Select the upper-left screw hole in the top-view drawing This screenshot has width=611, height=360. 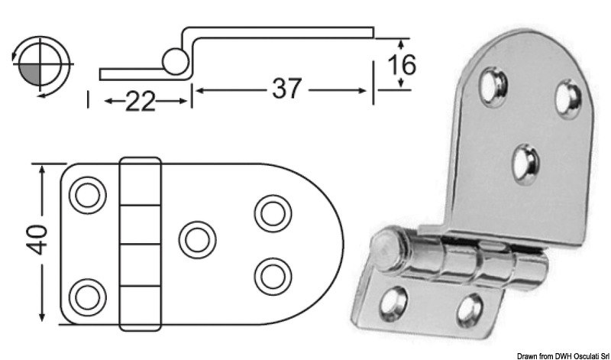(x=85, y=195)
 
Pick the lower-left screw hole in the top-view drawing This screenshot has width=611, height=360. (x=86, y=294)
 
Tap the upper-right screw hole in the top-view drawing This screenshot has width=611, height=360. (x=270, y=212)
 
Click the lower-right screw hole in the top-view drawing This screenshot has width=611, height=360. (x=270, y=273)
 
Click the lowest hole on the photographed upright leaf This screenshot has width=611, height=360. (x=525, y=163)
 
